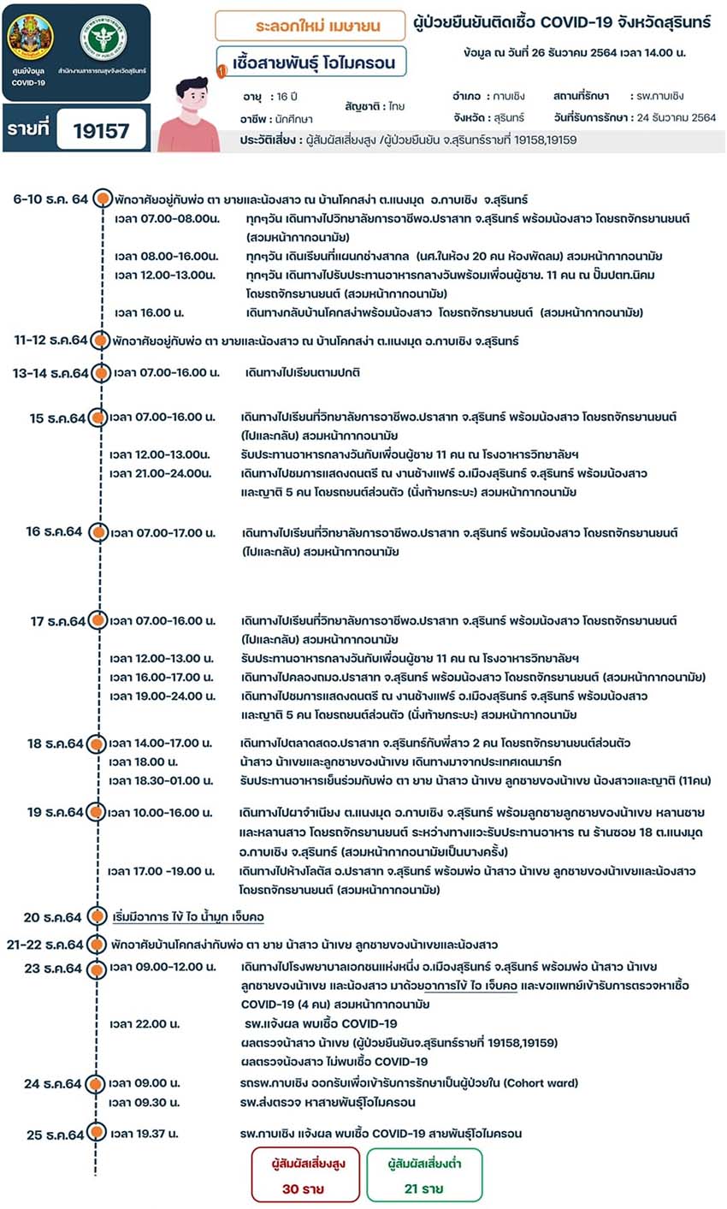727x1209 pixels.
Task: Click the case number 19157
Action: click(x=101, y=130)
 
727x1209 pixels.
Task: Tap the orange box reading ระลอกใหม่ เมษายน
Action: click(x=310, y=26)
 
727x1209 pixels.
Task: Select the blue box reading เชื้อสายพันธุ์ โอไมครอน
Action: click(x=313, y=62)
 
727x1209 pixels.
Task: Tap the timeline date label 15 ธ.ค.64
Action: click(x=57, y=418)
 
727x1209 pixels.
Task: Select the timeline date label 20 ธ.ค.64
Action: click(x=52, y=917)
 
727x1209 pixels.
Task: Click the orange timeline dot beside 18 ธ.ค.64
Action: click(x=97, y=744)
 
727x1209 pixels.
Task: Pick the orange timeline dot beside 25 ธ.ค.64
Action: click(x=97, y=1134)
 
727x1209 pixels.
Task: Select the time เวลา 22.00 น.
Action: click(x=145, y=1023)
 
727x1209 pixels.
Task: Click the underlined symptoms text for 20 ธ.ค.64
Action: click(x=188, y=917)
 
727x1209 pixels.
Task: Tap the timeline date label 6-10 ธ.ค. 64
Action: click(x=50, y=199)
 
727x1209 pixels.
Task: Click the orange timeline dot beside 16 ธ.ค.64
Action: click(x=98, y=532)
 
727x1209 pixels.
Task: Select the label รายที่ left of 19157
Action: click(x=29, y=130)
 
